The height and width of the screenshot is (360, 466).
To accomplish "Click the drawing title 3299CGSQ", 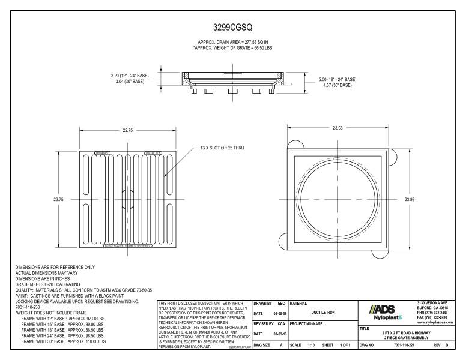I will (233, 28).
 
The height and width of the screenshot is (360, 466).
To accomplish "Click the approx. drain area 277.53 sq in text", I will (232, 42).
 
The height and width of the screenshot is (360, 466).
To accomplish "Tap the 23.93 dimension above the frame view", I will (340, 128).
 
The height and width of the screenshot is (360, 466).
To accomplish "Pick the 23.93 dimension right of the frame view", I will (410, 198).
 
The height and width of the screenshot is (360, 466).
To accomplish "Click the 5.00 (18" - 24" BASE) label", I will (337, 79).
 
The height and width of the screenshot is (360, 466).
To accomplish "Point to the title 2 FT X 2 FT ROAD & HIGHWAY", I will (410, 332).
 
